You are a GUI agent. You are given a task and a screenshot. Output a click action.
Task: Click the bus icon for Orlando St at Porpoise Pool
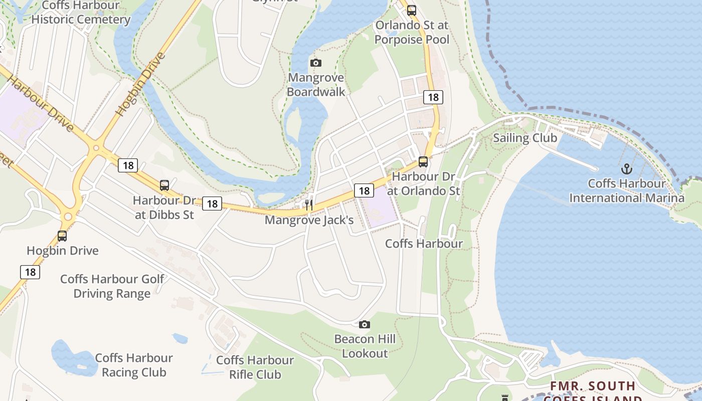pos(411,10)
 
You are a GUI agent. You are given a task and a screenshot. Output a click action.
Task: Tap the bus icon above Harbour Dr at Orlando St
pos(423,161)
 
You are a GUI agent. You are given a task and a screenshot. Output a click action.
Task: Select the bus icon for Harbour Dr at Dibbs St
pos(164,185)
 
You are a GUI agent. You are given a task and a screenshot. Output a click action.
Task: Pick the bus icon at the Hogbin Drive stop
pos(62,236)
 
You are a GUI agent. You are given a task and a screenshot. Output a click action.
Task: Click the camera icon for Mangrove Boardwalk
pos(315,63)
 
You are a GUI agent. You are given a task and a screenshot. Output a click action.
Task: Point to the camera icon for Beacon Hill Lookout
pos(365,324)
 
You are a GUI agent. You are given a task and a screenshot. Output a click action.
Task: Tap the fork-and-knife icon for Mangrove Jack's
pos(309,205)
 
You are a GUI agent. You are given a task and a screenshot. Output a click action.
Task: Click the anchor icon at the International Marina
pos(626,169)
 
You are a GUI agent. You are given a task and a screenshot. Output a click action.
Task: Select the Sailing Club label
pos(525,138)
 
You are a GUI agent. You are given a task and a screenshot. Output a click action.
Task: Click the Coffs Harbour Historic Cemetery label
pos(81,13)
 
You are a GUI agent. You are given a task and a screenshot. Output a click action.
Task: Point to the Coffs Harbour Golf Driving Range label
pos(112,286)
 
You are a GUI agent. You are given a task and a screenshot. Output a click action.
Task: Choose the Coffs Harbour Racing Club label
pos(133,365)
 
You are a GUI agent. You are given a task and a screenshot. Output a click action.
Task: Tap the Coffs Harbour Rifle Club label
pos(255,367)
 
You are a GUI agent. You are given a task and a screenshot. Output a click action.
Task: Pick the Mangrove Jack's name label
pos(309,220)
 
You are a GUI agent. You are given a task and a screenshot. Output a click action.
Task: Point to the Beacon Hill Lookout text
pos(365,346)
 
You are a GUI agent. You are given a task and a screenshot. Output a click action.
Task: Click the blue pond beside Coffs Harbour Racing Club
pos(73,357)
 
